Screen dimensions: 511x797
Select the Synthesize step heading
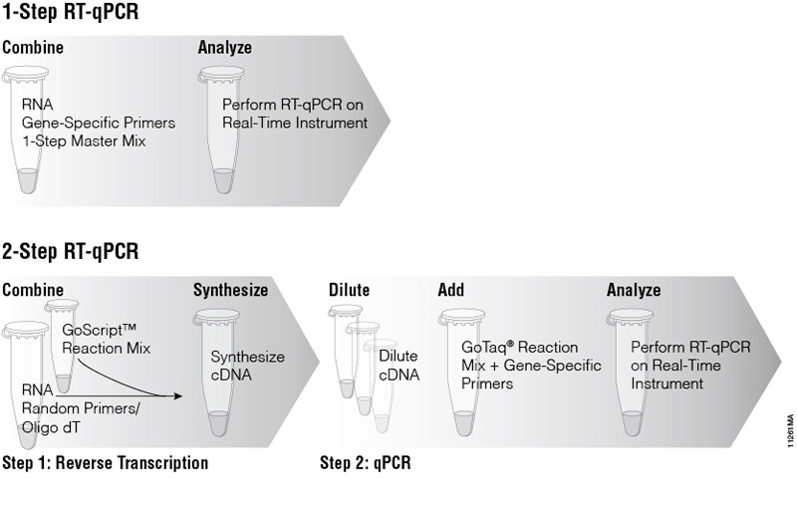point(230,291)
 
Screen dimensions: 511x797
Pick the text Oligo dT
point(50,428)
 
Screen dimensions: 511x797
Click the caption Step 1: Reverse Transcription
point(106,463)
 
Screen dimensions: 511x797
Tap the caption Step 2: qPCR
point(366,463)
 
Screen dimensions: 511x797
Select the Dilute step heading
point(349,291)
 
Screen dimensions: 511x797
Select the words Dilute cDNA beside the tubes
point(398,366)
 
